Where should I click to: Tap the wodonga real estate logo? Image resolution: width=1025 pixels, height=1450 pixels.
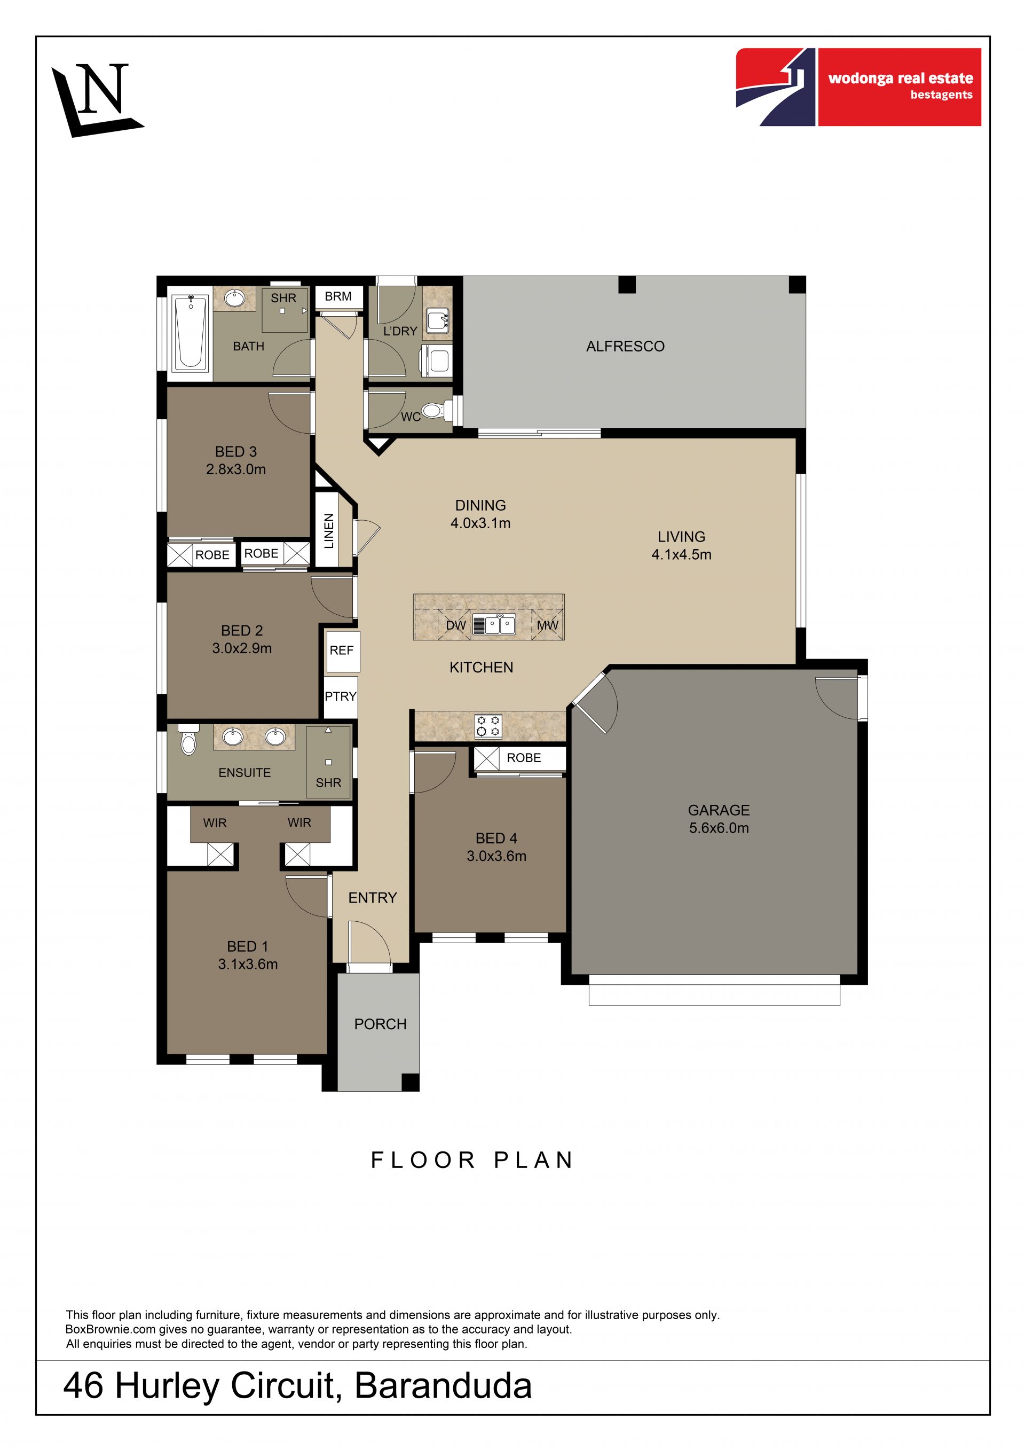pos(858,87)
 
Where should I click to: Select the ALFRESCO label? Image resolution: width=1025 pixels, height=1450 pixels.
pos(625,346)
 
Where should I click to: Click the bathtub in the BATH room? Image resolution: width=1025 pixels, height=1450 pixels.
pos(191,333)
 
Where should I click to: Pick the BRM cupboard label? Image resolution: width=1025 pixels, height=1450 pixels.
pos(338,296)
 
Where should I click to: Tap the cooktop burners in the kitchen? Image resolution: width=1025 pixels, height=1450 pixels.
pos(488,726)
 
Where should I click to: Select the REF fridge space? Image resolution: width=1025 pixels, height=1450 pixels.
pos(342,650)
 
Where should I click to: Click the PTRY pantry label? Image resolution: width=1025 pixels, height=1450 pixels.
pos(341,696)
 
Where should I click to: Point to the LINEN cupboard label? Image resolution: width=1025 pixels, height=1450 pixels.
pos(328,531)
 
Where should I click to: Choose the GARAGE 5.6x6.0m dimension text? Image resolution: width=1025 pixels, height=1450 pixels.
pos(719,828)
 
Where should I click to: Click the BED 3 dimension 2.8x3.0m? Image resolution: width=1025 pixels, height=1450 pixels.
pos(236,469)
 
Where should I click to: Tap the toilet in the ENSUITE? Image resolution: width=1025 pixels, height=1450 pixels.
pos(188,740)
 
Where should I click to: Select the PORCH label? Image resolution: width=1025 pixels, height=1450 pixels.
pos(380,1024)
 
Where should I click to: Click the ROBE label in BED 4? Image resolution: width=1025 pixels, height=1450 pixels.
pos(524,758)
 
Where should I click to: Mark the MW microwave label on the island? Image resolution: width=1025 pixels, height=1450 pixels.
pos(548,625)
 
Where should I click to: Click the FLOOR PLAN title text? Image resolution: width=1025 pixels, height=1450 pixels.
pos(472,1160)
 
